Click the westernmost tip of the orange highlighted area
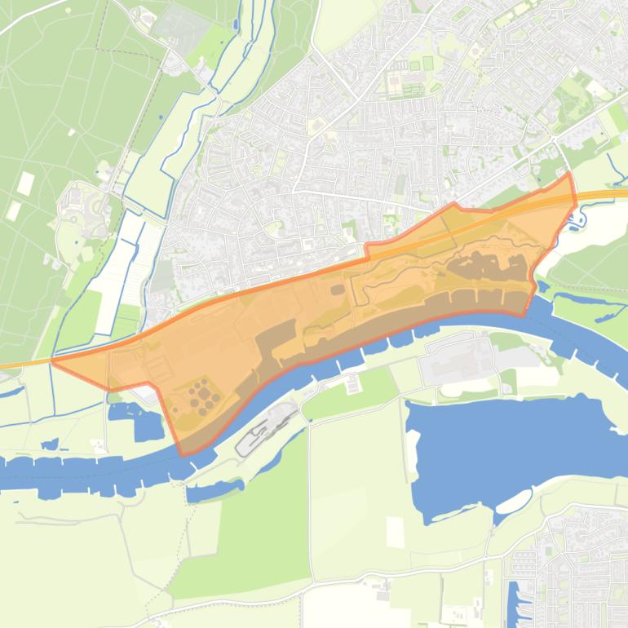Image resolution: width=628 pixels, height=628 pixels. click(x=52, y=360)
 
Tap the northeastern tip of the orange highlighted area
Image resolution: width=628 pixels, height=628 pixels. click(x=568, y=173)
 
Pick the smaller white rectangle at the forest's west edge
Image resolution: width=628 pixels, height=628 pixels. click(x=14, y=210)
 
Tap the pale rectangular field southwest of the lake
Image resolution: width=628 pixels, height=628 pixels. click(x=395, y=532)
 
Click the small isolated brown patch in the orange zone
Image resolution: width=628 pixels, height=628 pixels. click(x=337, y=289)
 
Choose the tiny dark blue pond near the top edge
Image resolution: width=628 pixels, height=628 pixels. click(x=233, y=25)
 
